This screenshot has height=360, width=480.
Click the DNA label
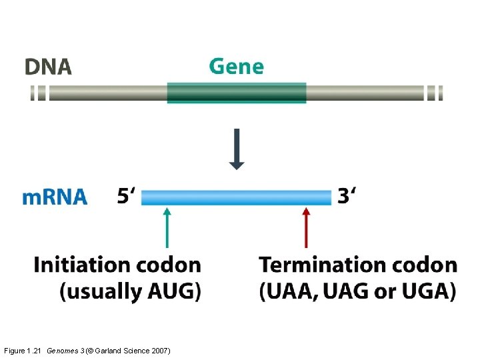coord(48,67)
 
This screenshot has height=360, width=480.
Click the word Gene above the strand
coord(236,67)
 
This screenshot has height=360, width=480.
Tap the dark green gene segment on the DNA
coord(236,93)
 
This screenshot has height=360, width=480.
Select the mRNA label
coord(55,197)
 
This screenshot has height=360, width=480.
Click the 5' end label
coord(126,197)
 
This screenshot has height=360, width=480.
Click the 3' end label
coord(346,197)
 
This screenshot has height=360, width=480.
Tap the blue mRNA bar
coord(236,197)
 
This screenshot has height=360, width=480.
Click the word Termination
coord(319,265)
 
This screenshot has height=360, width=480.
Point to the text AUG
coord(173,291)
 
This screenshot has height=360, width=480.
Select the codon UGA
coord(427,291)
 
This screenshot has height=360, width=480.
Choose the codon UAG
coord(341,291)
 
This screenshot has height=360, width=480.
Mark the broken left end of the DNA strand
coord(39,93)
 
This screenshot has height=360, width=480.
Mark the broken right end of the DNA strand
coord(435,93)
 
